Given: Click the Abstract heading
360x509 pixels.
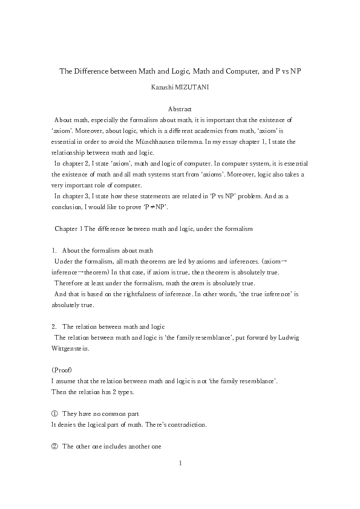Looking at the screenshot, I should pos(180,109).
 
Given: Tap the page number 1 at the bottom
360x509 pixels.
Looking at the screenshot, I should pos(180,463).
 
